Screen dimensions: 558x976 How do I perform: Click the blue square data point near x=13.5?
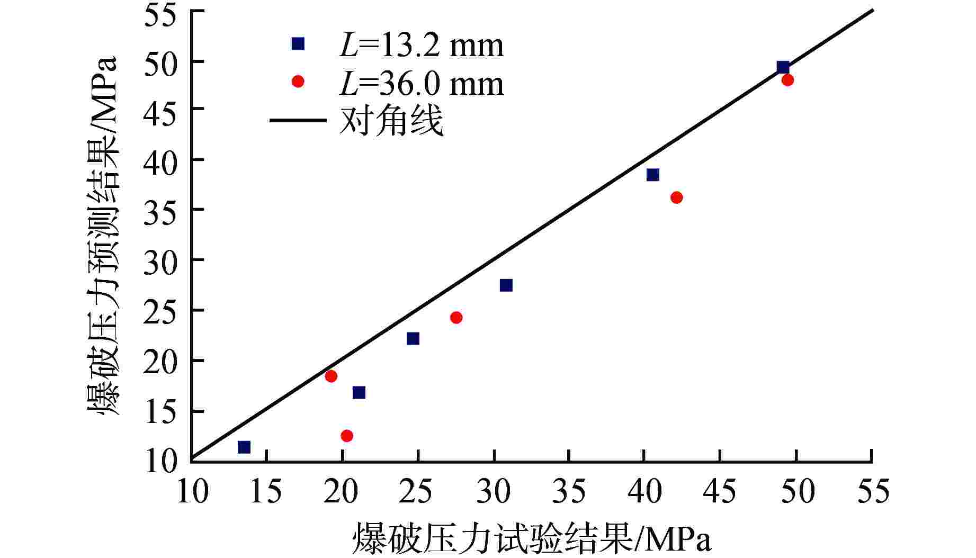(x=244, y=447)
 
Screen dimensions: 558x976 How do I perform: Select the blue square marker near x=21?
(x=359, y=392)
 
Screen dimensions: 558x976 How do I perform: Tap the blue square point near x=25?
(x=413, y=338)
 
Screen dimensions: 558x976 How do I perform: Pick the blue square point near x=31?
(x=506, y=285)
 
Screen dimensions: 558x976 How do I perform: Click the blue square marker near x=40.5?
(x=653, y=175)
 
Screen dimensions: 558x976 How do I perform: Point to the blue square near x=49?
(x=783, y=67)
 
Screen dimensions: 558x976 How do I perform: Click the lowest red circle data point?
(x=347, y=436)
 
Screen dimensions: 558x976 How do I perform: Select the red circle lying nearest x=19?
(x=331, y=376)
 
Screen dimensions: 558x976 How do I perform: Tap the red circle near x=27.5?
(x=456, y=318)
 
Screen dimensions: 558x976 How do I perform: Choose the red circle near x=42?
(x=676, y=197)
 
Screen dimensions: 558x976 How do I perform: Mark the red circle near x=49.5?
(x=787, y=80)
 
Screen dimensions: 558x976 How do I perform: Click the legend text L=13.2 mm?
(x=422, y=46)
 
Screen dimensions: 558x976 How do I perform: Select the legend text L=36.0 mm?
(x=422, y=84)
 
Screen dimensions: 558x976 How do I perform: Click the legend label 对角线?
(x=391, y=121)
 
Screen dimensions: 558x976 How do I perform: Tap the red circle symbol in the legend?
(x=298, y=81)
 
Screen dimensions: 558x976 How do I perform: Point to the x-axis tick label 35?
(x=569, y=491)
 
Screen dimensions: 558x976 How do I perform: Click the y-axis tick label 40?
(x=159, y=159)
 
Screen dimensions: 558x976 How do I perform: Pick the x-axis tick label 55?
(x=872, y=491)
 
